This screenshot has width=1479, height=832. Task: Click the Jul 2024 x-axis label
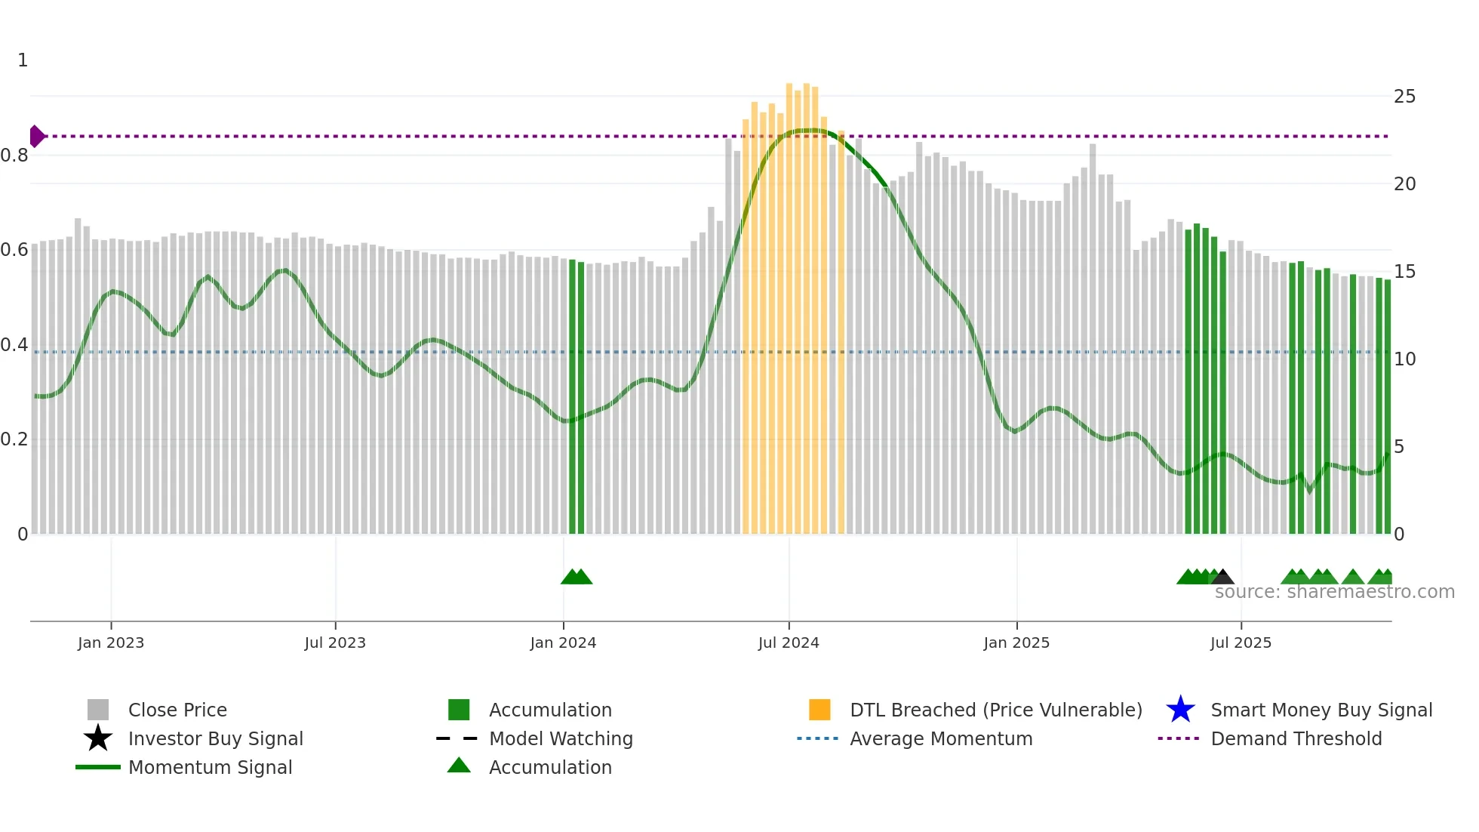(x=789, y=642)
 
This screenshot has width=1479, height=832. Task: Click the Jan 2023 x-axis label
(x=111, y=642)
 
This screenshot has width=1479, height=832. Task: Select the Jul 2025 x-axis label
(x=1241, y=642)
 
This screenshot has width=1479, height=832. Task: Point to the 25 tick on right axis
(x=1404, y=97)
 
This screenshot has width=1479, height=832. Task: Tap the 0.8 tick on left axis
(x=14, y=156)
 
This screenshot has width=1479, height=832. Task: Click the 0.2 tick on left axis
(x=14, y=439)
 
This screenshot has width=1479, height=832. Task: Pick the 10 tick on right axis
(x=1404, y=359)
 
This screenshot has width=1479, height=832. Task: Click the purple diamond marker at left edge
(x=36, y=137)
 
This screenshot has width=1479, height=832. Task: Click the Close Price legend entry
(x=177, y=710)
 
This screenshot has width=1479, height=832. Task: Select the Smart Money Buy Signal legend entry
(x=1321, y=710)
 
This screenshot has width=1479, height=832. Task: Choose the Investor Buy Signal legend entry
(x=215, y=739)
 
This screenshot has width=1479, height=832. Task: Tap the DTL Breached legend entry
(x=995, y=710)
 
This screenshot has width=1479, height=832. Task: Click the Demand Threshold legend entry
(x=1296, y=739)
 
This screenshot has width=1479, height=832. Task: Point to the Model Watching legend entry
(x=561, y=739)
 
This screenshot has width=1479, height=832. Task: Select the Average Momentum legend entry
(x=941, y=739)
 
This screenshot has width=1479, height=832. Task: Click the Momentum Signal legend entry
(x=210, y=768)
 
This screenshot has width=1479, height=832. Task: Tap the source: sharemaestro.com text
(x=1334, y=592)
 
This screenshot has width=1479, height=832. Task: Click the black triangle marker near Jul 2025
(x=1223, y=578)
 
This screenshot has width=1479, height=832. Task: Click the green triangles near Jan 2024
(x=577, y=578)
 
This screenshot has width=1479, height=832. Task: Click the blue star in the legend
(x=1180, y=710)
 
